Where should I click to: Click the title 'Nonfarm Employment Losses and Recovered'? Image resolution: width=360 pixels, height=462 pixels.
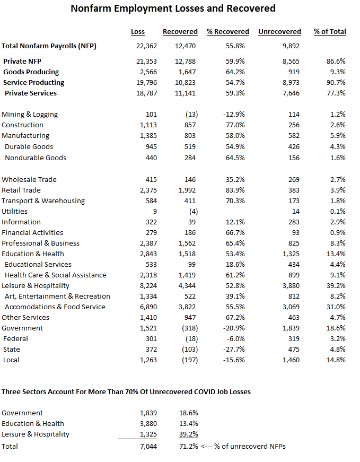[x=173, y=8]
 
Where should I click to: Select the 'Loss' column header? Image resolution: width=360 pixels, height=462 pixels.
[x=138, y=32]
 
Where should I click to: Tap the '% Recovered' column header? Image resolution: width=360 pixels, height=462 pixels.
[x=228, y=32]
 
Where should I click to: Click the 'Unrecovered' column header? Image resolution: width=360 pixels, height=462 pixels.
[x=279, y=32]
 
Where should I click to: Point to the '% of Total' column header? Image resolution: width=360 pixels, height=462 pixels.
[x=330, y=32]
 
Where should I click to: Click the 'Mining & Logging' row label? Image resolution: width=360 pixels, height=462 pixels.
[x=30, y=115]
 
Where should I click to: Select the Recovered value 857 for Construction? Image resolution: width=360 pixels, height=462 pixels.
[x=189, y=125]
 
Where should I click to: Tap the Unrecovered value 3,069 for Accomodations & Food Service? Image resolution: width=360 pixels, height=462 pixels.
[x=289, y=307]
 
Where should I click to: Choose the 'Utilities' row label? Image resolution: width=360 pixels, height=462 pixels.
[x=14, y=212]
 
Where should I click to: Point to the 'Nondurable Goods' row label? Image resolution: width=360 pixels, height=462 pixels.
[x=36, y=158]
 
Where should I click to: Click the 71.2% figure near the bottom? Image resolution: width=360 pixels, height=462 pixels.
[x=188, y=447]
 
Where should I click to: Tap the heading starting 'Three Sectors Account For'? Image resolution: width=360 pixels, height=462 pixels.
[x=126, y=392]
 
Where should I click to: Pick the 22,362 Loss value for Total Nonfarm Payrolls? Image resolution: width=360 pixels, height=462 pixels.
[x=147, y=46]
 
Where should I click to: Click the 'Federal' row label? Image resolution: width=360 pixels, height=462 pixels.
[x=15, y=339]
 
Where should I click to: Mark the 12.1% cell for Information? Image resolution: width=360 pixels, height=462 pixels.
[x=235, y=222]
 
